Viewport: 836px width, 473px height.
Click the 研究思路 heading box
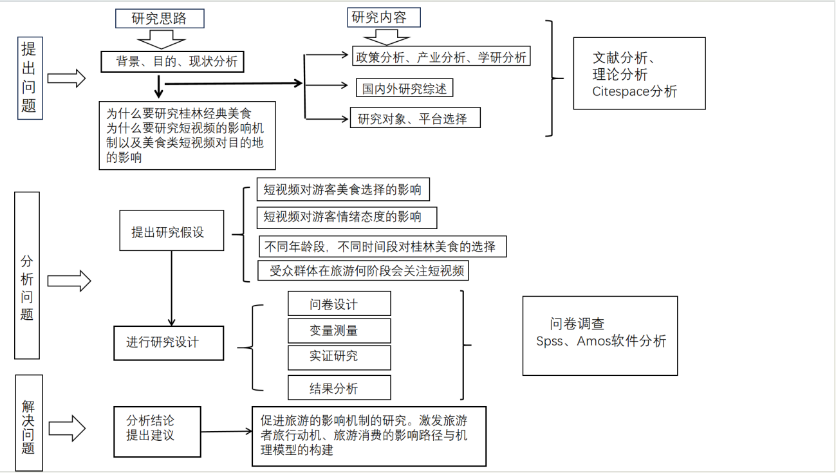160,19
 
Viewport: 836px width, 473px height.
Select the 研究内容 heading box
384,17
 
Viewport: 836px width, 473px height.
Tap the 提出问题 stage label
29,77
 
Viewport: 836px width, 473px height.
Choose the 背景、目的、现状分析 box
172,62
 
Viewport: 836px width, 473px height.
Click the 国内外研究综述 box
404,88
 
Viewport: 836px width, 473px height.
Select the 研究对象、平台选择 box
414,118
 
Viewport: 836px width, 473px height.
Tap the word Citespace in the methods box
620,91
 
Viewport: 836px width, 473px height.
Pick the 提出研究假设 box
171,230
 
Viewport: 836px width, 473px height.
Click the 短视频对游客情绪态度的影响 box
346,217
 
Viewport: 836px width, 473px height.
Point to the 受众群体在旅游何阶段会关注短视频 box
363,270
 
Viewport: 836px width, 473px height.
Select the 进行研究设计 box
169,342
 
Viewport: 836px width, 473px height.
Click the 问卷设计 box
339,304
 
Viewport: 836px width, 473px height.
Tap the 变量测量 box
339,330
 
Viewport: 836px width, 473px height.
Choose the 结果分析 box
339,388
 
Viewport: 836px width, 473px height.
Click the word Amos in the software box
593,341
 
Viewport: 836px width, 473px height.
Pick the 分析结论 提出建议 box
157,431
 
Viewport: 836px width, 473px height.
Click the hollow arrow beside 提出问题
67,79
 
